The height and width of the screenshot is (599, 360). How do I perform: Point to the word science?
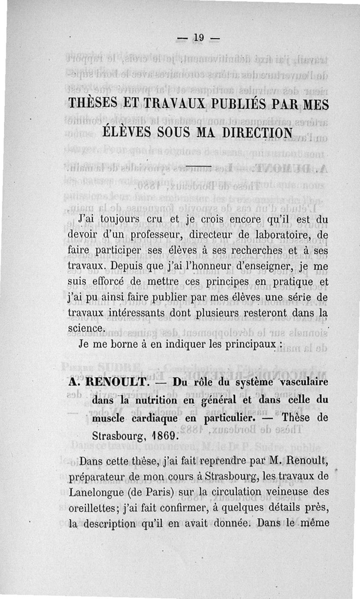click(x=86, y=327)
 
